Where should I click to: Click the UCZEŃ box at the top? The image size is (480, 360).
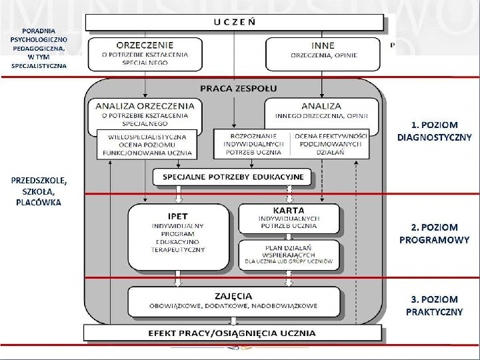[x=235, y=22]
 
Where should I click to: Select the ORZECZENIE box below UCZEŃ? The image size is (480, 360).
[x=145, y=54]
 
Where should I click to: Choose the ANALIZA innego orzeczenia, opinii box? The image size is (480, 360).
[x=321, y=111]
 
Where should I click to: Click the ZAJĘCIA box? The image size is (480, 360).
[x=234, y=301]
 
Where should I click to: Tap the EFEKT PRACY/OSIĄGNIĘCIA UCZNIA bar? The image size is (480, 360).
[x=233, y=333]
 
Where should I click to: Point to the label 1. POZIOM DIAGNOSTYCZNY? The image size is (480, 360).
[x=434, y=131]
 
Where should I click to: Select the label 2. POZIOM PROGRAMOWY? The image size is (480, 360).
[x=434, y=233]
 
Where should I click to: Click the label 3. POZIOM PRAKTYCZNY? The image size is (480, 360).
[x=434, y=306]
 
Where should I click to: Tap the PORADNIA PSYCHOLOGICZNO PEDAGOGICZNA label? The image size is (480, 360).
[x=38, y=48]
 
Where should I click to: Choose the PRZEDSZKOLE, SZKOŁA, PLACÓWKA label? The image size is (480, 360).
[x=38, y=191]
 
